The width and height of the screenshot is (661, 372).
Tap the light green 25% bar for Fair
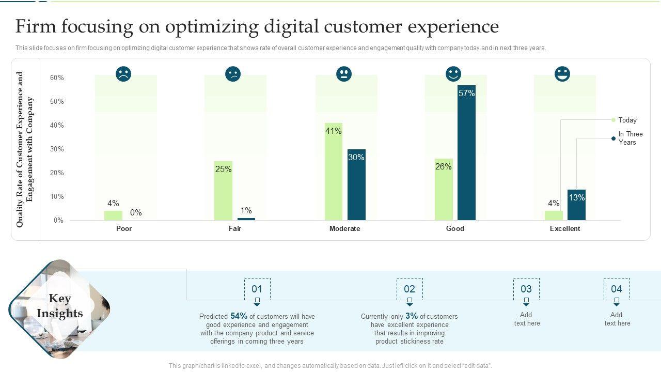click(223, 191)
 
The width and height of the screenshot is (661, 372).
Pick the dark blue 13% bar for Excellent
click(576, 205)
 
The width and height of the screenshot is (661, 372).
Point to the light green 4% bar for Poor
click(113, 215)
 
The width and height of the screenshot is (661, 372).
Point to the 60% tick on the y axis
click(57, 78)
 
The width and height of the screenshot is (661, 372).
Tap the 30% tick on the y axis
click(57, 149)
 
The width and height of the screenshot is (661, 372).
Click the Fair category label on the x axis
click(235, 228)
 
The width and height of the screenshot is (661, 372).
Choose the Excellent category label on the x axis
click(565, 228)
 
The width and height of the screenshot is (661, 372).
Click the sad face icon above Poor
click(123, 74)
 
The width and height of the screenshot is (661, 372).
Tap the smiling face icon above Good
click(453, 74)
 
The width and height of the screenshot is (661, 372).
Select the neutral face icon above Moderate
click(343, 74)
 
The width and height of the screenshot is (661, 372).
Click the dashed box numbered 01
click(257, 289)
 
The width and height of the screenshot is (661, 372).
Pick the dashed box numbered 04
click(617, 289)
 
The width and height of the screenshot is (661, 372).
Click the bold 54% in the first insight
click(239, 316)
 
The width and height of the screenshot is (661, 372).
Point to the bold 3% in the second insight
click(412, 316)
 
